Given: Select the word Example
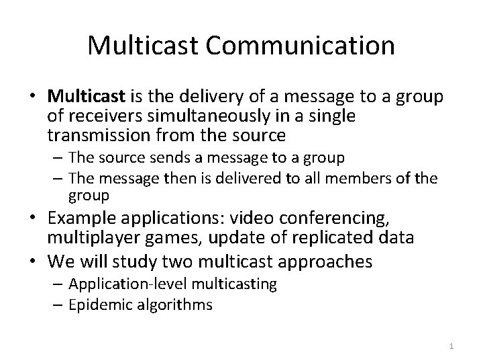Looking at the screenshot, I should (80, 218).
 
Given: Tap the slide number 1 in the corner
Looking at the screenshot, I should (451, 346).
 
